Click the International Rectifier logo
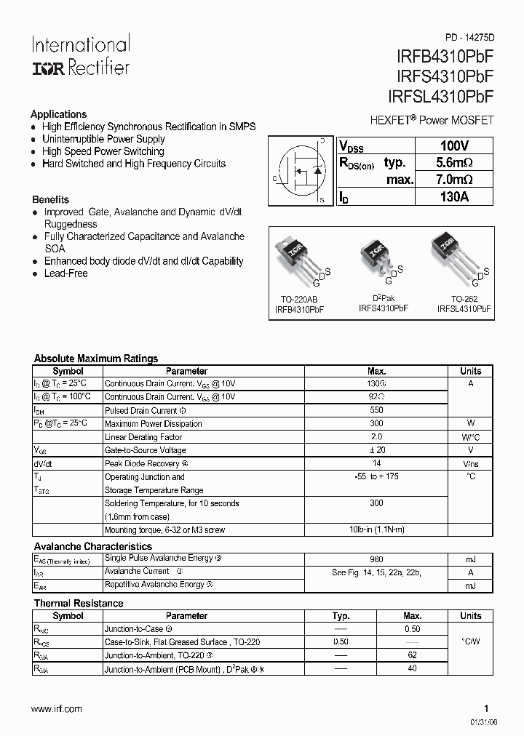(x=80, y=55)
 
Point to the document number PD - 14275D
(x=469, y=36)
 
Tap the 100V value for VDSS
(x=454, y=145)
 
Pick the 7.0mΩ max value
(x=454, y=180)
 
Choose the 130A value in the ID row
(x=454, y=196)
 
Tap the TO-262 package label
(x=464, y=299)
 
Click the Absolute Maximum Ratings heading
(x=96, y=359)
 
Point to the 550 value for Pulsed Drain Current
(x=376, y=410)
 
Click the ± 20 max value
(x=376, y=450)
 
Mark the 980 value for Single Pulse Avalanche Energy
(x=376, y=559)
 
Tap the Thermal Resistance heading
(x=79, y=603)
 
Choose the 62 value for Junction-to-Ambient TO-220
(x=412, y=655)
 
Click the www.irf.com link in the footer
(x=57, y=708)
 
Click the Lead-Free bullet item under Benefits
(x=65, y=273)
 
